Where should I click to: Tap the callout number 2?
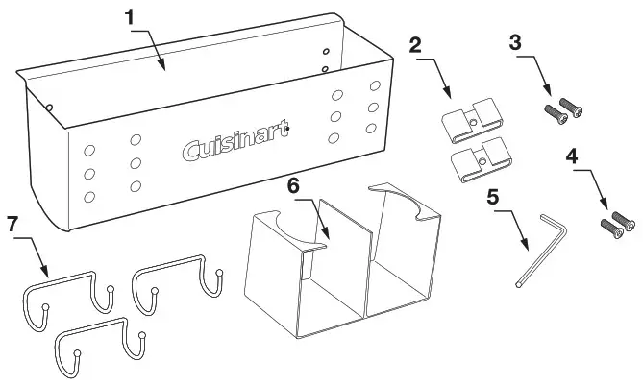(415, 46)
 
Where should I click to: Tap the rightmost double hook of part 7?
(179, 278)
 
